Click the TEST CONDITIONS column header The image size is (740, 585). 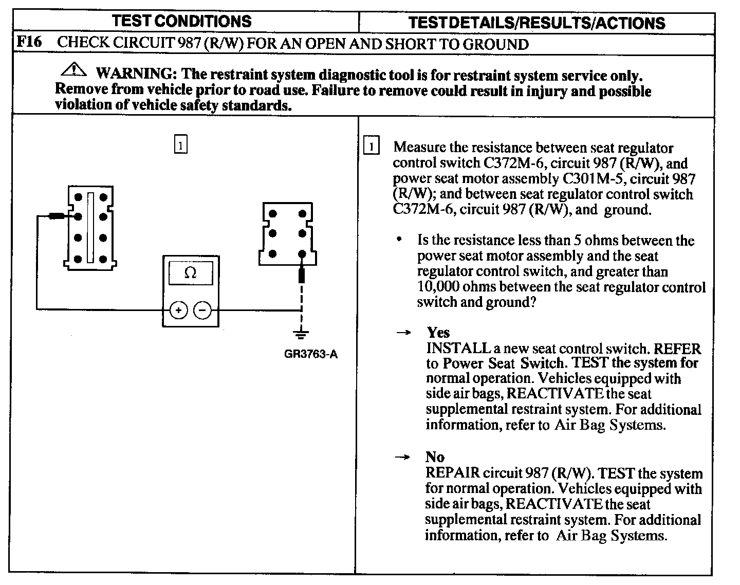click(x=181, y=21)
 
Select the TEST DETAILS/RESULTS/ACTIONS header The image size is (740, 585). click(x=536, y=23)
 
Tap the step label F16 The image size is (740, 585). click(x=29, y=42)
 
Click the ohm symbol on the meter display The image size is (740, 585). click(x=190, y=273)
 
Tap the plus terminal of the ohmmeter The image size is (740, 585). click(x=178, y=310)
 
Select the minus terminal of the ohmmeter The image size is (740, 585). click(x=202, y=310)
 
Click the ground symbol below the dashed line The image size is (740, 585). click(x=301, y=334)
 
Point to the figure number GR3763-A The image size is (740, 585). click(x=310, y=355)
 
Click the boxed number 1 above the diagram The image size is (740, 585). click(x=180, y=145)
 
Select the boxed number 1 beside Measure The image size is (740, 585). click(x=371, y=147)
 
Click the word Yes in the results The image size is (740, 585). click(x=438, y=332)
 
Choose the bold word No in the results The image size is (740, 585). click(x=435, y=457)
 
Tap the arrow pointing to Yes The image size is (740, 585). click(x=403, y=333)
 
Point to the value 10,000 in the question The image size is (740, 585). click(x=437, y=287)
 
